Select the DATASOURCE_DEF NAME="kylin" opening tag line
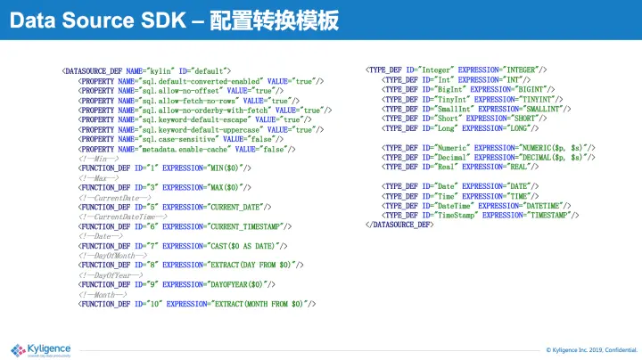click(146, 70)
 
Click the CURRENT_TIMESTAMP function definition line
click(183, 226)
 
